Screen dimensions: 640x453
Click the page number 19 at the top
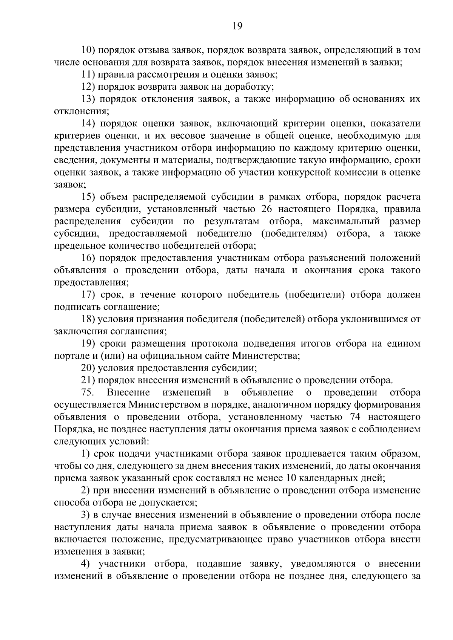(x=237, y=26)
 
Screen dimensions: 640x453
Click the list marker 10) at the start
(x=89, y=50)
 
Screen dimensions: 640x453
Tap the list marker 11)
(x=89, y=75)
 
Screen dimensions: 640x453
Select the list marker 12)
(x=89, y=87)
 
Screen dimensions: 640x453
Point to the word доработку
(x=249, y=87)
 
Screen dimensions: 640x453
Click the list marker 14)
(x=89, y=124)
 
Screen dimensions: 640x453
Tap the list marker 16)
(x=89, y=258)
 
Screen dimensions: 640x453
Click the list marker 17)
(x=89, y=295)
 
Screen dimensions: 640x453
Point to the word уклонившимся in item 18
(x=370, y=320)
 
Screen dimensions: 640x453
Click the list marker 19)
(x=89, y=344)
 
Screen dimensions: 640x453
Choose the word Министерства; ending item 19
(x=266, y=356)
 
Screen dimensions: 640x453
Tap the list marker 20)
(x=89, y=368)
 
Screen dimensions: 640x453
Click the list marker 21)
(x=89, y=381)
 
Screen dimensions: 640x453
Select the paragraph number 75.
(x=87, y=393)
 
